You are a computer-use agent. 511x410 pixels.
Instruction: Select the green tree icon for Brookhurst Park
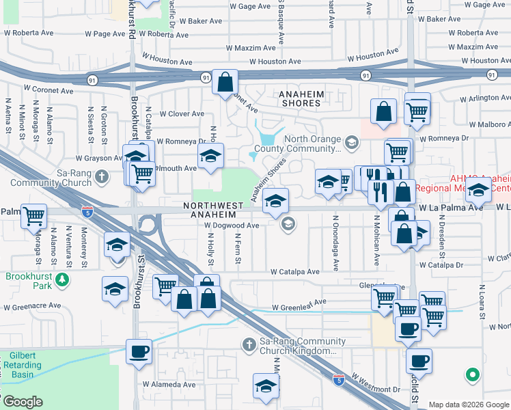point(62,279)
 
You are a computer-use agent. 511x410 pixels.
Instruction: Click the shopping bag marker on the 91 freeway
point(224,83)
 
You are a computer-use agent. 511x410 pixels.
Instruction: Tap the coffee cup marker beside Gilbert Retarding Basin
point(139,353)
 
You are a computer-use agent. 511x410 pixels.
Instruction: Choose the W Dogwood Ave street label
point(232,225)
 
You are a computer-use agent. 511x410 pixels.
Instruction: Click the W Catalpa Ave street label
point(294,271)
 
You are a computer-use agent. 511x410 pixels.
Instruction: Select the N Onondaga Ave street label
point(335,243)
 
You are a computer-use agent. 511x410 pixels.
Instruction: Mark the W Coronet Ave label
point(49,90)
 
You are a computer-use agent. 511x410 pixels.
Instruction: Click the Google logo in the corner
point(23,402)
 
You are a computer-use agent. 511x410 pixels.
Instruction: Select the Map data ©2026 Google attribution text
point(468,405)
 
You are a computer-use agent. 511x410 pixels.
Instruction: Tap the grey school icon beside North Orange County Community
point(352,143)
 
